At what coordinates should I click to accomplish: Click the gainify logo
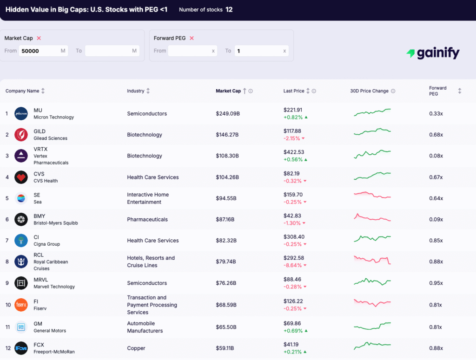[x=432, y=53]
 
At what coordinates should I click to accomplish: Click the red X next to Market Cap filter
[x=39, y=38]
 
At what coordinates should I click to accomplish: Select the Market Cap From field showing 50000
[x=43, y=51]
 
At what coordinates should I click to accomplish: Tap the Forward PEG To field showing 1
[x=261, y=51]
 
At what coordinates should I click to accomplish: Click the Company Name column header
[x=22, y=91]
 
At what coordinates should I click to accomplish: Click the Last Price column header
[x=294, y=91]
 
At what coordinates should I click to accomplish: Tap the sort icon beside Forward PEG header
[x=459, y=91]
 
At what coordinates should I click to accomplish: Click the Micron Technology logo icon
[x=21, y=114]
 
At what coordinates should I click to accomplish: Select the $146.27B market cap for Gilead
[x=227, y=135]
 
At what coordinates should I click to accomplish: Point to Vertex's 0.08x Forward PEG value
[x=436, y=156]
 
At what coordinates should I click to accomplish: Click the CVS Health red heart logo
[x=21, y=177]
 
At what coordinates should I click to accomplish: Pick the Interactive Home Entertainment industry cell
[x=148, y=198]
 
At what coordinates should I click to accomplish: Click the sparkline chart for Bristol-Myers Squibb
[x=372, y=218]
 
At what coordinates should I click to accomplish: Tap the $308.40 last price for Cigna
[x=294, y=237]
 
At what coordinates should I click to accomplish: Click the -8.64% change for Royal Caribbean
[x=293, y=265]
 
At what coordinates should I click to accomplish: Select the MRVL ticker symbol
[x=41, y=280]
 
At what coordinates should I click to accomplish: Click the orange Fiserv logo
[x=21, y=305]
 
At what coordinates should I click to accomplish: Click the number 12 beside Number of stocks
[x=229, y=9]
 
